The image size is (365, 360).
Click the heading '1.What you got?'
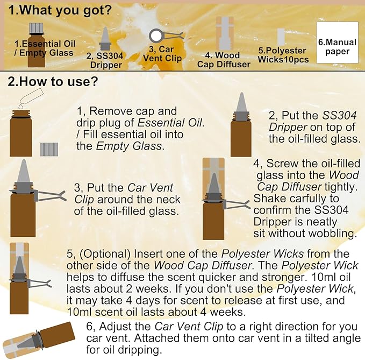(59, 10)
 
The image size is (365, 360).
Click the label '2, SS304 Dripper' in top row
(104, 60)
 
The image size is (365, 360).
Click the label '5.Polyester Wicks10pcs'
(283, 55)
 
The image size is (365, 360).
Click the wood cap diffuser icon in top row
(225, 32)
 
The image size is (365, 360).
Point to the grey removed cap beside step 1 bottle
(49, 149)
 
